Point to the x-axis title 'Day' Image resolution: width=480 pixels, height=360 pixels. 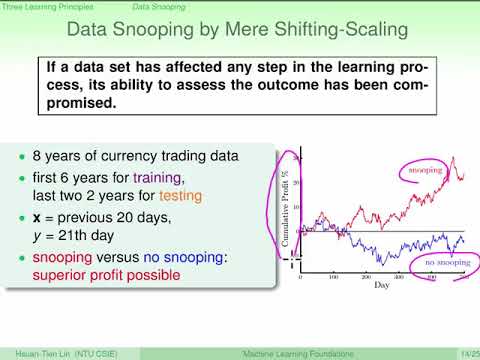tap(383, 285)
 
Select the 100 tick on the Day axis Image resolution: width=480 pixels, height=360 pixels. tap(335, 276)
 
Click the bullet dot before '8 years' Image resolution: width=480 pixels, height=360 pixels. tap(25, 159)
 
